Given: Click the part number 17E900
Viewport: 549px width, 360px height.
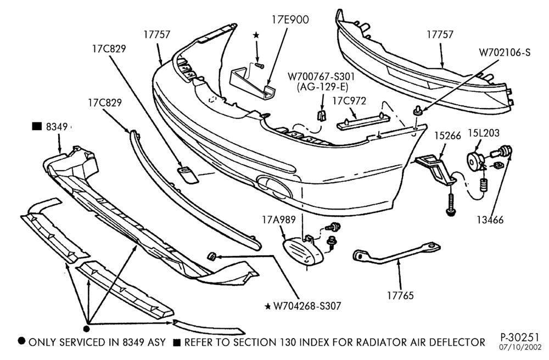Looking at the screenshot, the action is (290, 20).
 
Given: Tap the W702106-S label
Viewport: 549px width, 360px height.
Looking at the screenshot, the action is (505, 53).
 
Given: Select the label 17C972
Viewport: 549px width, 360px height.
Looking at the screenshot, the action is (349, 101).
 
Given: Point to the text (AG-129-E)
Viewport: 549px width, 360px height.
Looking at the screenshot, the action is (322, 87).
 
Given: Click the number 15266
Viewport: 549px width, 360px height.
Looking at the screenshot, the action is (448, 136).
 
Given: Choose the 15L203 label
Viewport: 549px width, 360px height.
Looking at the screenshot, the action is (484, 133).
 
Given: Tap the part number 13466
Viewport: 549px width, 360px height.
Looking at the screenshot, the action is (490, 220).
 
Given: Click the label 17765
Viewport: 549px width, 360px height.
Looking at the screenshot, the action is (400, 296).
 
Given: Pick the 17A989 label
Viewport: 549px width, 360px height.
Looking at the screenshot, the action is (279, 220).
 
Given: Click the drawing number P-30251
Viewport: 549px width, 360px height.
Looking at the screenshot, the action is (519, 337).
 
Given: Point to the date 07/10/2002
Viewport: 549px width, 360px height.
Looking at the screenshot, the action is (520, 348).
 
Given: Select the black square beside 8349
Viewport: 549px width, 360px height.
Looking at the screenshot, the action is (37, 126).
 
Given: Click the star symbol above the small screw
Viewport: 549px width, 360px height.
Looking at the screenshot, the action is (256, 35).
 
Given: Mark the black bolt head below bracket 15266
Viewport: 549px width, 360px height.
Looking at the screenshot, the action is (451, 211).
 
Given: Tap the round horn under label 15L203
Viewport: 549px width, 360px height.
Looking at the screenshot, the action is (475, 160).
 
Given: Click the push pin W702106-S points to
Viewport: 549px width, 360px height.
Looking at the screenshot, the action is (417, 111).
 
